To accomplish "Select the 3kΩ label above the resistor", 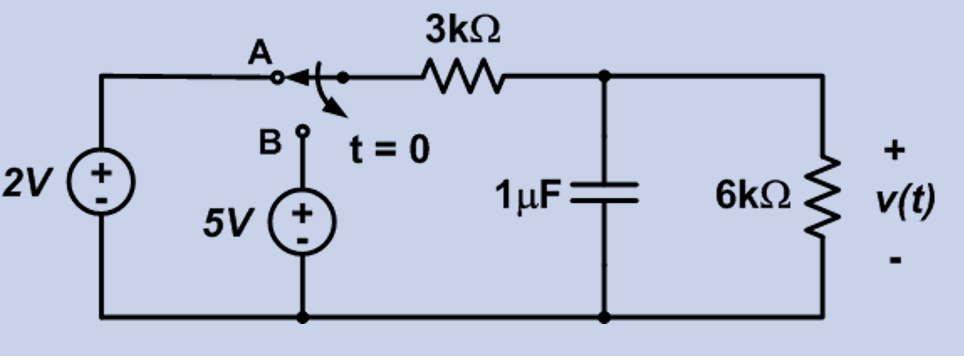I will point(463,31).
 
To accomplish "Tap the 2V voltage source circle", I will point(101,187).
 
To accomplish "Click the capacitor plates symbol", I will point(604,193).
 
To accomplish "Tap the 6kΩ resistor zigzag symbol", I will point(822,196).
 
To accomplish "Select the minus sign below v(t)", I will point(896,261).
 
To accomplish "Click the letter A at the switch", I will point(261,55).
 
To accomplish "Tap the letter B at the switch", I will point(268,143).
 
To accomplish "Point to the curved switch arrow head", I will point(340,113).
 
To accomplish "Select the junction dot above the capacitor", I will point(604,75).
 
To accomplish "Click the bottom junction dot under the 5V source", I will point(302,317).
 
